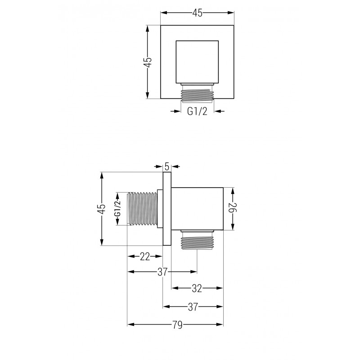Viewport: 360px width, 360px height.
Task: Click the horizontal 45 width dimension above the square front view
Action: coord(197,13)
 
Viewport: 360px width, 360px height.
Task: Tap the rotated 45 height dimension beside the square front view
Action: coord(148,62)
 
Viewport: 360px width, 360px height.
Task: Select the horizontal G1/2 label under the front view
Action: coord(197,111)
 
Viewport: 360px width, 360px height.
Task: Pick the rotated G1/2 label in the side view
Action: coord(118,209)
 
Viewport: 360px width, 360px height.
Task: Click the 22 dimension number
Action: coord(144,256)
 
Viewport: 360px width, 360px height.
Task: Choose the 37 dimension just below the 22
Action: coord(162,271)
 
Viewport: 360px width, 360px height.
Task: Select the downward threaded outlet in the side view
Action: coord(197,242)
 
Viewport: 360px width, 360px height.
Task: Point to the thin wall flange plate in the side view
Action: coord(166,208)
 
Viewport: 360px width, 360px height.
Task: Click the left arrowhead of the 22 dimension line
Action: coord(130,256)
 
